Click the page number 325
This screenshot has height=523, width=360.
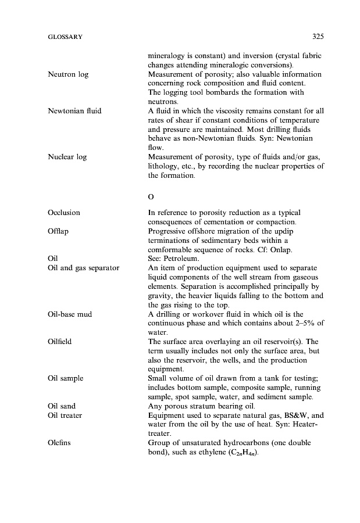click(x=317, y=37)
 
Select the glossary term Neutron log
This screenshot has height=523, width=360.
click(x=68, y=75)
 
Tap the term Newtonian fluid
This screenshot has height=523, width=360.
click(x=74, y=110)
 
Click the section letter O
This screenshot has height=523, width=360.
click(x=151, y=196)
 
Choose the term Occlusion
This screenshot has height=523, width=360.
click(x=64, y=213)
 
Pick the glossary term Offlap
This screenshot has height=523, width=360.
click(x=58, y=231)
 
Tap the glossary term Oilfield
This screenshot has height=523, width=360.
click(x=60, y=342)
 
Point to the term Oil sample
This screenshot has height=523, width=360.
click(x=66, y=378)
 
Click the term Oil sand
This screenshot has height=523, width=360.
click(x=62, y=406)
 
